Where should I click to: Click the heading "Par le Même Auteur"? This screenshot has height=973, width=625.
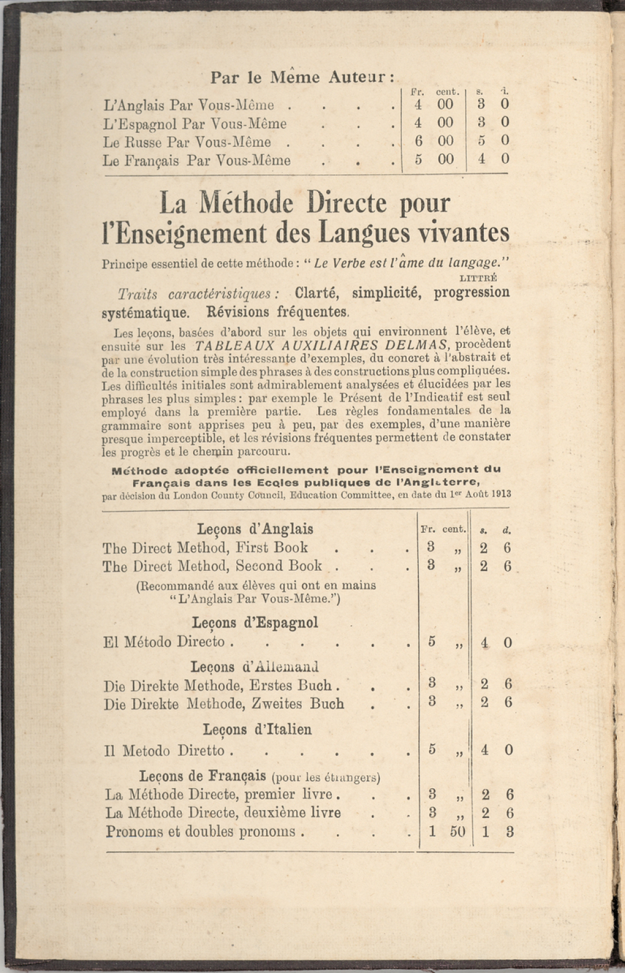tap(302, 77)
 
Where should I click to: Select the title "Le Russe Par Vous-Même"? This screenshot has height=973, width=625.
tap(187, 142)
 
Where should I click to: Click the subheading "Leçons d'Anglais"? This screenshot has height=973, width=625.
tap(255, 529)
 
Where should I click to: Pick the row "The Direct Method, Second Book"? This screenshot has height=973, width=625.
tap(212, 566)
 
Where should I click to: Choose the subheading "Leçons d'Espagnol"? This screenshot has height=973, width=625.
tap(255, 623)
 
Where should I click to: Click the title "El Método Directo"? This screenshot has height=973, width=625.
tap(164, 642)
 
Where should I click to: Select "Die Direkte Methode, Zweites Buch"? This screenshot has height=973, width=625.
tap(224, 704)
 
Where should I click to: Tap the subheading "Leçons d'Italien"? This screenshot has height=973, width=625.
tap(257, 729)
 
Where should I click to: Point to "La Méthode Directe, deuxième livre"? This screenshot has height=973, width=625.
tap(223, 813)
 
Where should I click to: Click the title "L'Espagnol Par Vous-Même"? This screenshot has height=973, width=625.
tap(195, 124)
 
